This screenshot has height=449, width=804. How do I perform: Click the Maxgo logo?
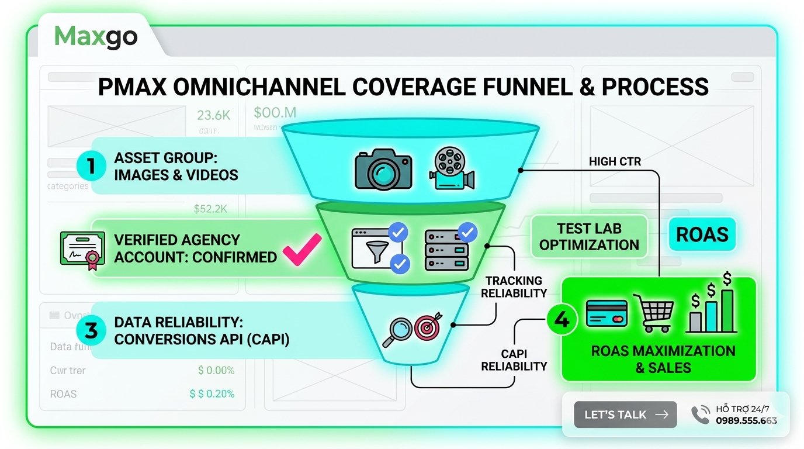96,36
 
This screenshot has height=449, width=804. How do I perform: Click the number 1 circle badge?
91,166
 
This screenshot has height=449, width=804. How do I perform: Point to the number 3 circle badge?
91,330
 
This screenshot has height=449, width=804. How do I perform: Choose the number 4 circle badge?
562,320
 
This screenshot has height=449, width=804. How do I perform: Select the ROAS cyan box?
702,234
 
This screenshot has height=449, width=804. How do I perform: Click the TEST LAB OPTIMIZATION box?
589,237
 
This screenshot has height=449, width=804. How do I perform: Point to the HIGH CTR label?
615,161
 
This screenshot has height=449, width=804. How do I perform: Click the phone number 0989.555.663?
746,420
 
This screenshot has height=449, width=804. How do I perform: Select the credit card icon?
607,313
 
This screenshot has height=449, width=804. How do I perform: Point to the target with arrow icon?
428,327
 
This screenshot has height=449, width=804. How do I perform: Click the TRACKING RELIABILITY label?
514,287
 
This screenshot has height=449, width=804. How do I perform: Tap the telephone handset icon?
700,415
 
